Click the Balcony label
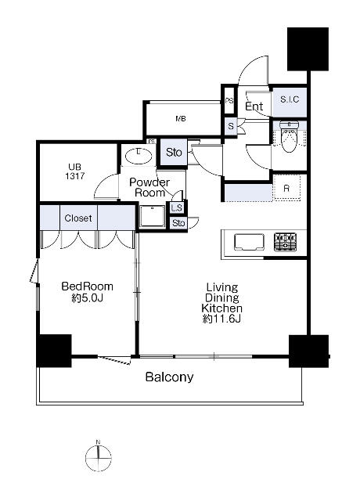pos(169,377)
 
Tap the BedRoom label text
pos(87,286)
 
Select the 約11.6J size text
pos(221,319)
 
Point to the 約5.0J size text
pos(87,298)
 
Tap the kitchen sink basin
pos(249,242)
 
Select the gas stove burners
pos(285,242)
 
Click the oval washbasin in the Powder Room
pos(139,157)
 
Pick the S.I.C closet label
pos(290,99)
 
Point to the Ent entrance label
pos(254,106)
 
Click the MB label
pos(181,119)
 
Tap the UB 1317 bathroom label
pos(75,171)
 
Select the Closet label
pos(78,218)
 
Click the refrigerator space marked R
pos(287,188)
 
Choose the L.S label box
pos(176,208)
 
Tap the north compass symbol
pos(99,457)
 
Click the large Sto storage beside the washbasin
pos(174,153)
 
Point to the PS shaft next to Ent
pos(229,101)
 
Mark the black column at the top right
pos(308,49)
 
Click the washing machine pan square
pos(153,216)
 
